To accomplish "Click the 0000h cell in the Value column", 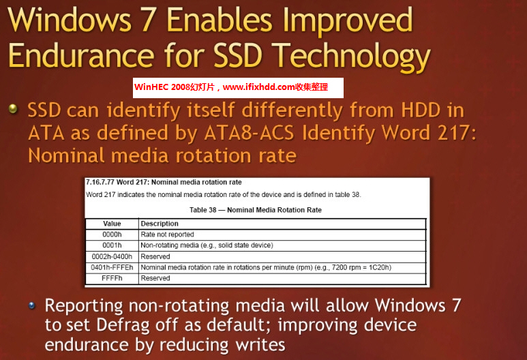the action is point(112,235).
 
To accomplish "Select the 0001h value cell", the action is point(112,245).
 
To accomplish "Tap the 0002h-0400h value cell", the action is point(112,256).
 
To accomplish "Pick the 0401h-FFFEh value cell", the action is point(112,267).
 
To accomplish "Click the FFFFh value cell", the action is point(112,278).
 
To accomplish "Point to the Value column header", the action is point(112,224).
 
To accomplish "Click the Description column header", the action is point(160,224).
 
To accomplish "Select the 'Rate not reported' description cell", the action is point(168,235).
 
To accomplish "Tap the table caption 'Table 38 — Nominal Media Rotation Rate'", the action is point(256,210).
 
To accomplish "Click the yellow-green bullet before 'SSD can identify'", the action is point(13,108).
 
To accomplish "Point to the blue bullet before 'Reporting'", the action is point(32,305).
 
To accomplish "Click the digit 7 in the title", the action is point(148,20).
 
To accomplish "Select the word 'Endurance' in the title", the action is point(81,55).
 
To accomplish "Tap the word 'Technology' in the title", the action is point(351,57).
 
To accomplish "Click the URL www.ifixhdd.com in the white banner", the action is point(259,87).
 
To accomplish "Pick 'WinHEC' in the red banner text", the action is point(151,87).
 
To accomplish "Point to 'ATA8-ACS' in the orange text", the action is point(249,132).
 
